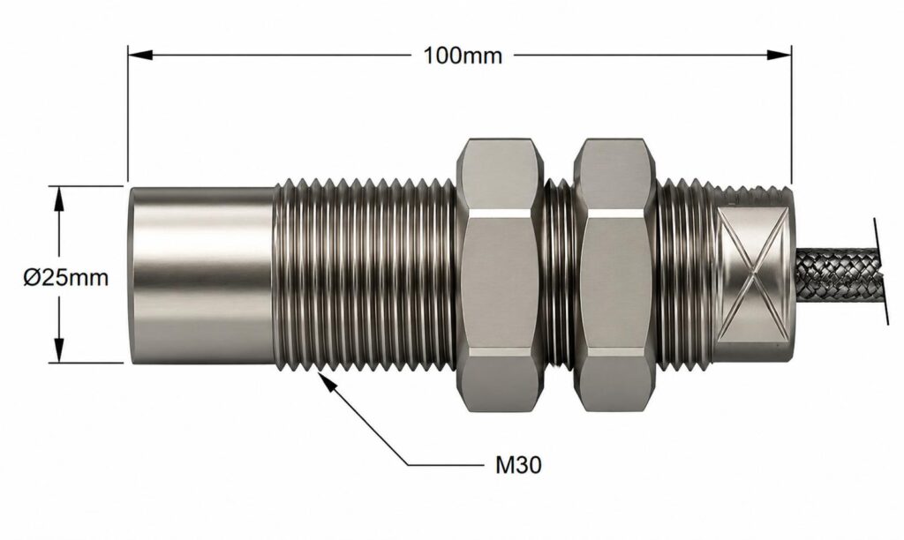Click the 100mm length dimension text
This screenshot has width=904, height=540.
pos(463,55)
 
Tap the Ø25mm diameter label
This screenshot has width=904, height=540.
pos(66,278)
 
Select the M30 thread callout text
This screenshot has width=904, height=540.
pos(517,462)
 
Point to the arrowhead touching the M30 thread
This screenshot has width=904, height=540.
pos(326,378)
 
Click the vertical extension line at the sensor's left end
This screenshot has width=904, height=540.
pos(129,115)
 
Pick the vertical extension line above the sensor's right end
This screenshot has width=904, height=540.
pos(790,115)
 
